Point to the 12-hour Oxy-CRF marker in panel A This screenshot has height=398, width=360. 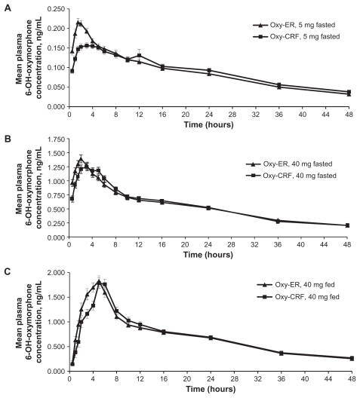coord(139,55)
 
